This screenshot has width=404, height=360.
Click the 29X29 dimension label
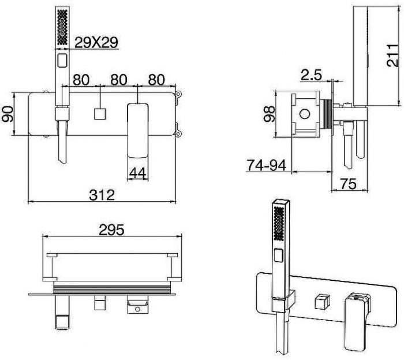point(96,43)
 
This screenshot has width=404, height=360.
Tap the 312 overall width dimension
point(102,195)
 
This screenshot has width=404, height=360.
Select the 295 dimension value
point(111,229)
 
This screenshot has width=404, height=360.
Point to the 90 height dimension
point(8,114)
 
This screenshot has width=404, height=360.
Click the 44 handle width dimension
point(138,173)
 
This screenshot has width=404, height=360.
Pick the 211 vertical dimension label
point(392,55)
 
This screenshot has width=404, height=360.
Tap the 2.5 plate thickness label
point(312,75)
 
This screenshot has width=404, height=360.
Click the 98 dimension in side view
point(270,114)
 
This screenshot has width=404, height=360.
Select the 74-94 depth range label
point(267,165)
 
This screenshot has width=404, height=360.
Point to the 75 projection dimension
point(349,184)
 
